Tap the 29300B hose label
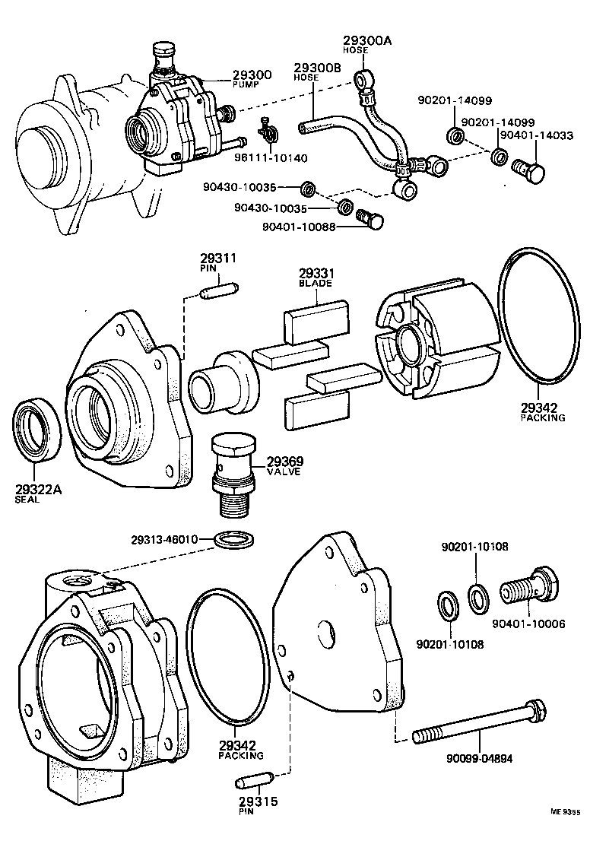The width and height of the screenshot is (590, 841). tap(318, 68)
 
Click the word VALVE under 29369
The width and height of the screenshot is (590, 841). tap(283, 471)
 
